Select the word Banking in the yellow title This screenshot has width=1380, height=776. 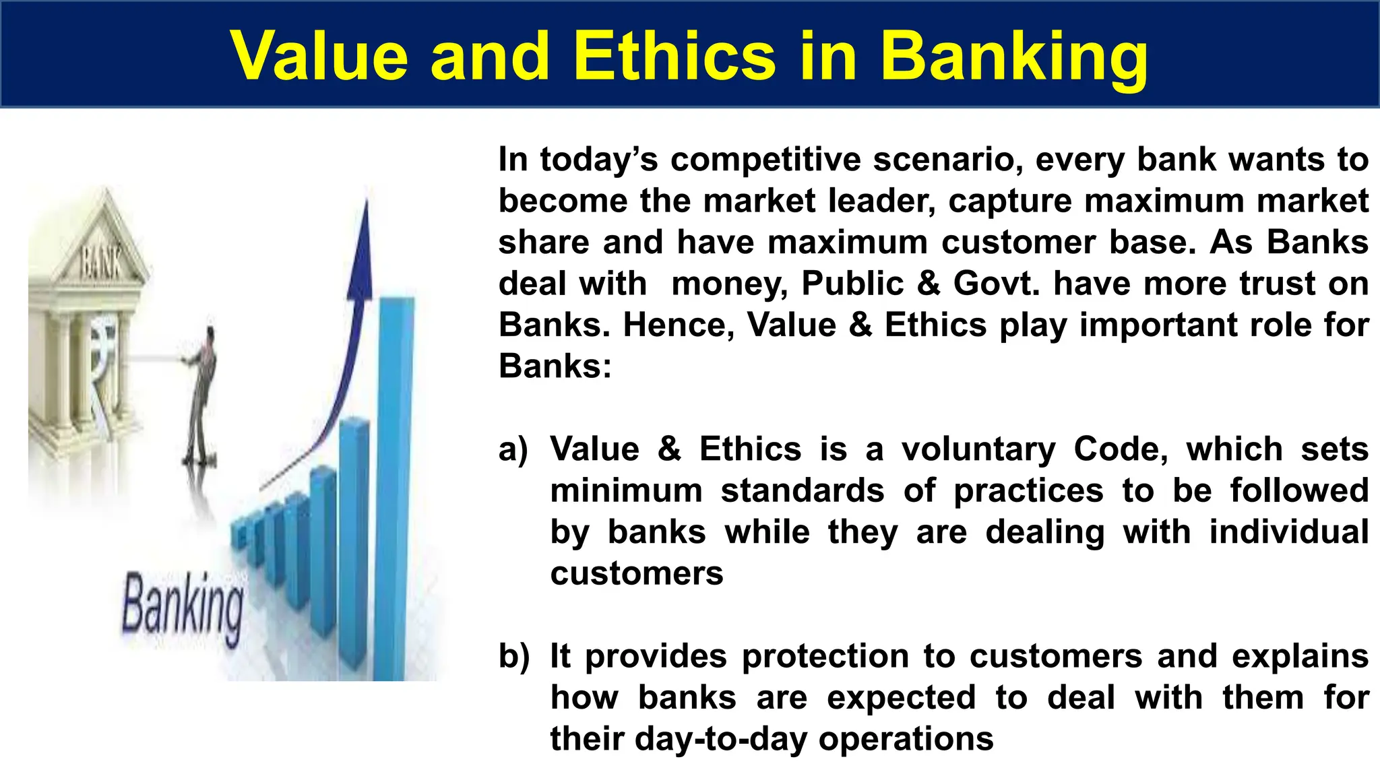tap(1013, 57)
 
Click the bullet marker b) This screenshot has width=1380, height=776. tap(514, 657)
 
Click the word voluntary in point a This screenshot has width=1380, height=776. tap(978, 450)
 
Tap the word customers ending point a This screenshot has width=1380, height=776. tap(636, 574)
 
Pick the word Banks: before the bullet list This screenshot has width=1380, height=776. tap(555, 367)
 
